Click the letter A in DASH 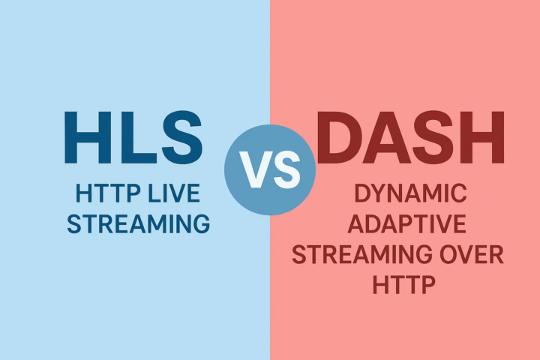(x=387, y=137)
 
